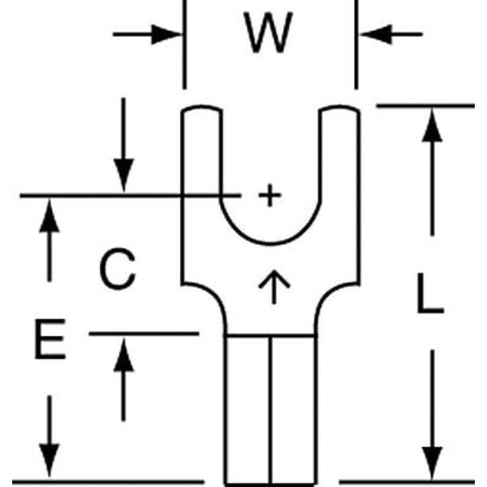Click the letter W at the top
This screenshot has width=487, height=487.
[269, 35]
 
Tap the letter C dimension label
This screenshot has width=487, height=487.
[118, 270]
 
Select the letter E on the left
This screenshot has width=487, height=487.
[50, 340]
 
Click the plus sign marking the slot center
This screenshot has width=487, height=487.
[269, 196]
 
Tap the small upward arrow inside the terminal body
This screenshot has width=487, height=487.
[274, 287]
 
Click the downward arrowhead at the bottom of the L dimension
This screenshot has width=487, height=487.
[433, 462]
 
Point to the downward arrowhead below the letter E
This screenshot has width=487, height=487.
[50, 459]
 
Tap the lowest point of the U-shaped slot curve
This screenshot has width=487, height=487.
[270, 243]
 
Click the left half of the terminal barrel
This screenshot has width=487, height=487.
[247, 406]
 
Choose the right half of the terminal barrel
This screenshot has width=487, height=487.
[293, 406]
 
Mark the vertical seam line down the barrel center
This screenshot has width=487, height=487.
[270, 406]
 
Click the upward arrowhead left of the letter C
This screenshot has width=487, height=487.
[50, 219]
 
